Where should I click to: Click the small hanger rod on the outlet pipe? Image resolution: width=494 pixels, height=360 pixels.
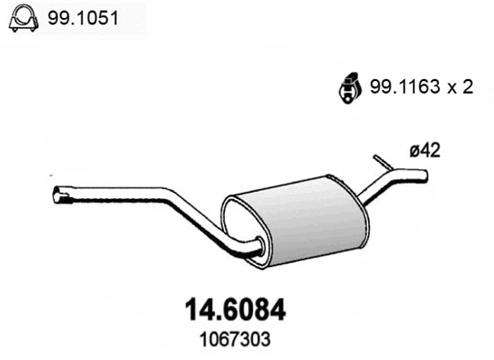[382, 162]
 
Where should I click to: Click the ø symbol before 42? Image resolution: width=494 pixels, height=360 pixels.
[414, 152]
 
